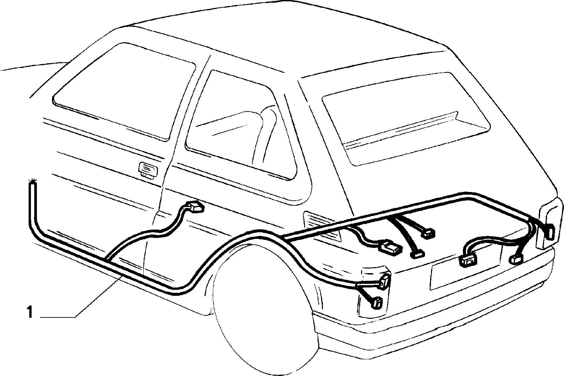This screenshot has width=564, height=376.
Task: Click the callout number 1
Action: point(30,312)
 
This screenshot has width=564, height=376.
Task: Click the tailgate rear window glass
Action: point(405,118)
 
